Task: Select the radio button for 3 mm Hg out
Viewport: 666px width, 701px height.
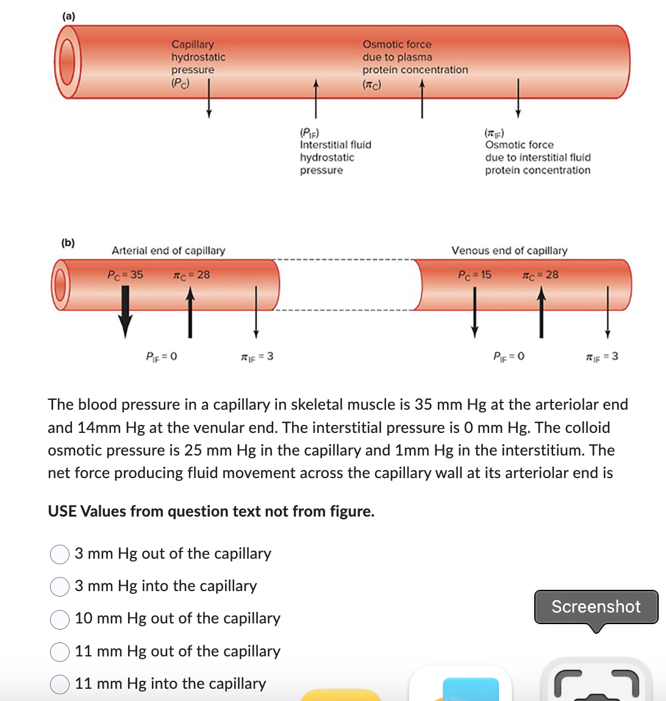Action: click(59, 554)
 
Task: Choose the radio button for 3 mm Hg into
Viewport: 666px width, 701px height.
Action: click(59, 586)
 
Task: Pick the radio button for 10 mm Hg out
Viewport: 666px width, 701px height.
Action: click(59, 619)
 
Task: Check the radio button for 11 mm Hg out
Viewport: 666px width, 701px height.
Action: click(59, 652)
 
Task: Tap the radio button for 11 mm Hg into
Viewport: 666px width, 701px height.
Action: click(59, 684)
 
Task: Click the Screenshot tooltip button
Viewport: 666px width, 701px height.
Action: click(596, 606)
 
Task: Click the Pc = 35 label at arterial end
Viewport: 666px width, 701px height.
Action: click(125, 274)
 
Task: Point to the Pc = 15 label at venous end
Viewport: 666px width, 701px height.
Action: click(474, 274)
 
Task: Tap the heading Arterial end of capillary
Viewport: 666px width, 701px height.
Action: click(168, 250)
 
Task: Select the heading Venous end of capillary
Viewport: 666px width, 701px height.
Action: click(509, 250)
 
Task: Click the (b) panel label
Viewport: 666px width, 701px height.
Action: click(68, 242)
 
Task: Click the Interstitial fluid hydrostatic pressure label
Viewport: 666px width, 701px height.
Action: click(335, 151)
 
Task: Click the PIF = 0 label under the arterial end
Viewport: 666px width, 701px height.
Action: click(161, 356)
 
